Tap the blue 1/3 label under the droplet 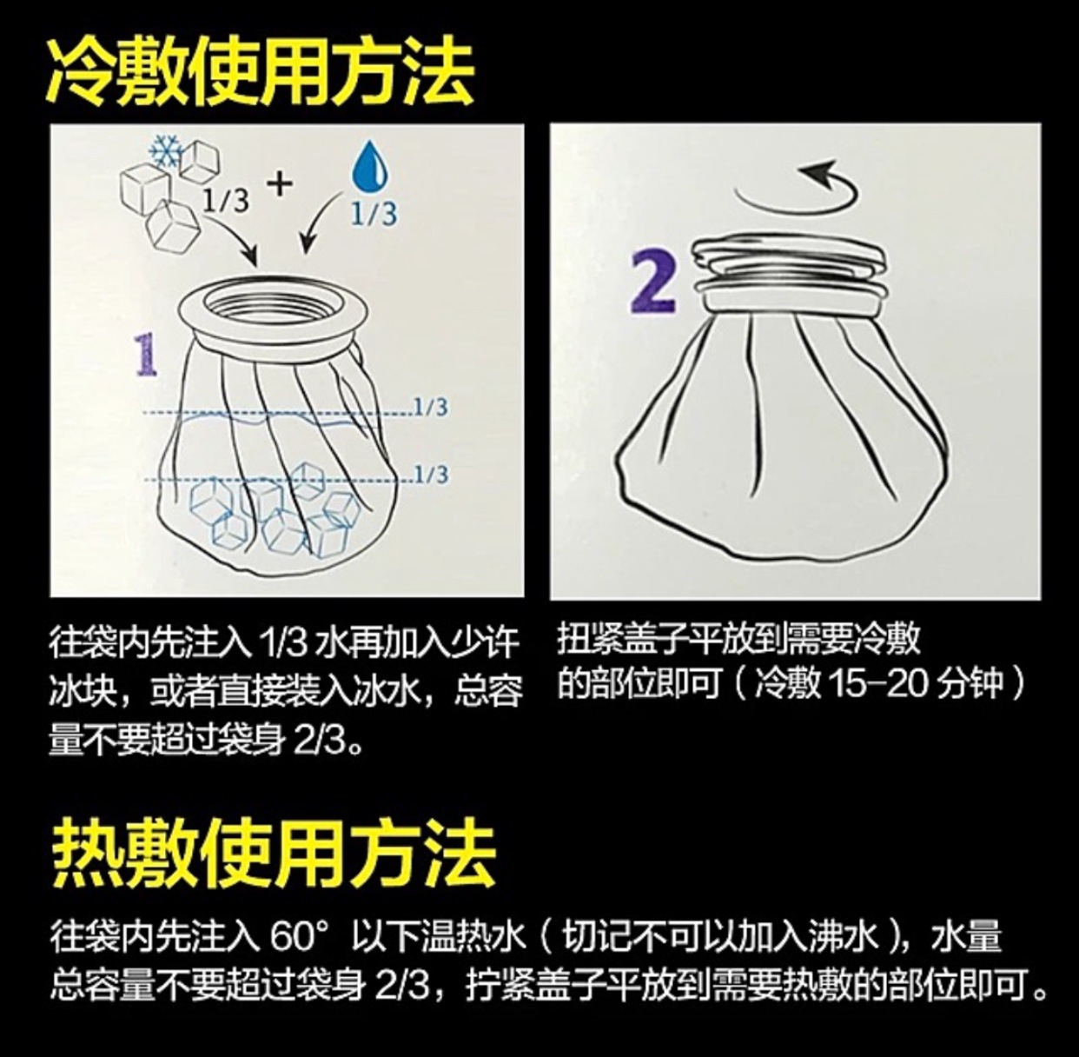(x=374, y=213)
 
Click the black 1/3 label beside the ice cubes (x=226, y=202)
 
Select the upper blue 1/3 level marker (x=431, y=407)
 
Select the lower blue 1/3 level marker (x=431, y=475)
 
